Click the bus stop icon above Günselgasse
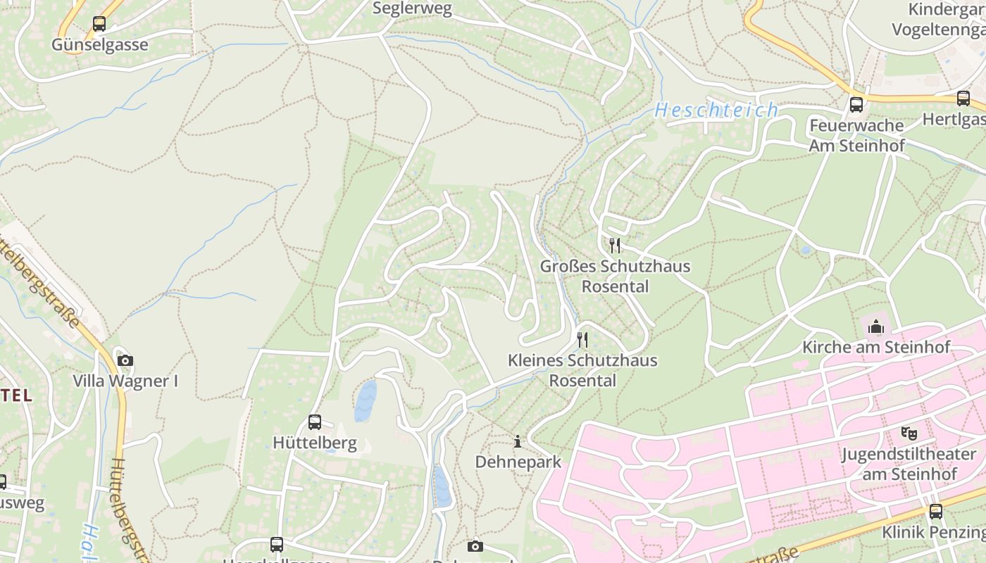(99, 24)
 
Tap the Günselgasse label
(100, 45)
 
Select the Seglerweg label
(412, 8)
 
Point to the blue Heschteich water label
(716, 110)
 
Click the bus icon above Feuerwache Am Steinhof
(856, 104)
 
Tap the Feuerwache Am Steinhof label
(856, 135)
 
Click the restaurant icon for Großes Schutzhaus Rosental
(615, 245)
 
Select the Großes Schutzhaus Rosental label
(615, 276)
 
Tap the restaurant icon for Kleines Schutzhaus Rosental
(582, 339)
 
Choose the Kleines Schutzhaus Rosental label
(582, 370)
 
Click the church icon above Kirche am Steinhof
(876, 327)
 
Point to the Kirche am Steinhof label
(876, 347)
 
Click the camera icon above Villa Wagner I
(125, 360)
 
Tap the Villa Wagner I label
(125, 381)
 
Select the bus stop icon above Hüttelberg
(315, 422)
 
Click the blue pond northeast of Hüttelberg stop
(366, 401)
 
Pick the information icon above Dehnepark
(518, 441)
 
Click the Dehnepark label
(518, 462)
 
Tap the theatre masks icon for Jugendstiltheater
(909, 433)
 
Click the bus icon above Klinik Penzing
(936, 512)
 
